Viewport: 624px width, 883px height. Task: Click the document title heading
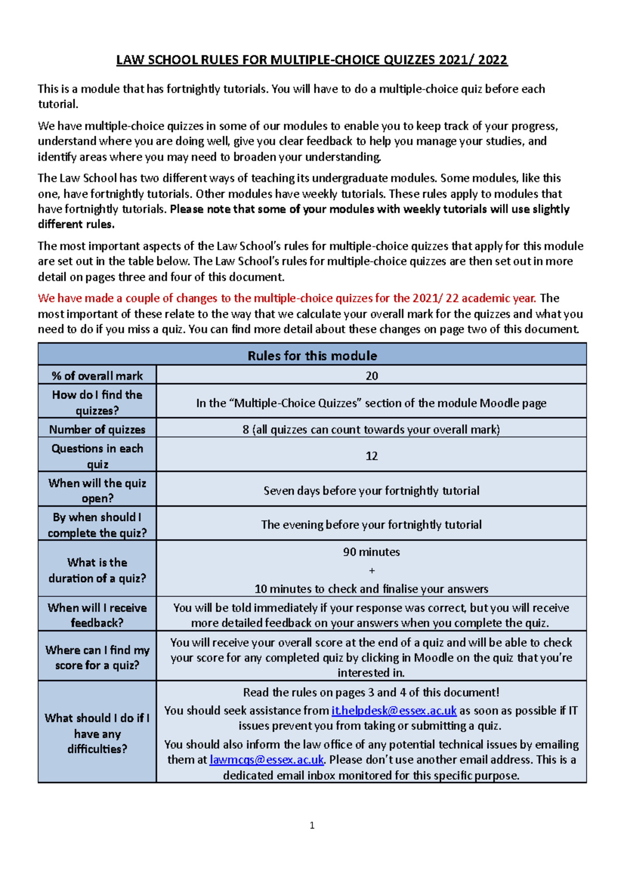tap(311, 60)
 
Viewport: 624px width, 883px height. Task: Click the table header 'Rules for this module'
tap(312, 356)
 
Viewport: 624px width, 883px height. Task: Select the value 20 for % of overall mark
tap(371, 375)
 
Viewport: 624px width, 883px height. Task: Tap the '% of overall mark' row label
tap(97, 375)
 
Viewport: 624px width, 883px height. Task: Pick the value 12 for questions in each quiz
tap(371, 456)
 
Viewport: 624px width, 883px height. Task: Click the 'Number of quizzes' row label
tap(97, 430)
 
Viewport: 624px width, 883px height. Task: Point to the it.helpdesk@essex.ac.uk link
tap(394, 710)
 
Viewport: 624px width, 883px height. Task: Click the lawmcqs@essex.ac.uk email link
tap(266, 760)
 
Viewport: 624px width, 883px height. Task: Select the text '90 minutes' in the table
tap(371, 552)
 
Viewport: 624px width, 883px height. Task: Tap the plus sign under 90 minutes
tap(371, 570)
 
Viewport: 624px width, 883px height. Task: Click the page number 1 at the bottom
tap(312, 825)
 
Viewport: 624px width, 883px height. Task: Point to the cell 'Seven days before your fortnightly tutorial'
tap(371, 490)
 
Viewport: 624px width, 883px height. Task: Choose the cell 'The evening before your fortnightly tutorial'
tap(371, 525)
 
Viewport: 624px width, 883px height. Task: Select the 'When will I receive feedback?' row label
tap(97, 615)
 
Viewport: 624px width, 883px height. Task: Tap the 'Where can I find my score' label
tap(97, 657)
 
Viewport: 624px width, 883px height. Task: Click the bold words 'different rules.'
tap(76, 225)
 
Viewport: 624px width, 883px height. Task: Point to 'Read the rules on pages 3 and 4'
tap(371, 692)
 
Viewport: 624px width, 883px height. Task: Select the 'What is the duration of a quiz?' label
tap(97, 570)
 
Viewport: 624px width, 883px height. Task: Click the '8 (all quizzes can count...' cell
tap(371, 430)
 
